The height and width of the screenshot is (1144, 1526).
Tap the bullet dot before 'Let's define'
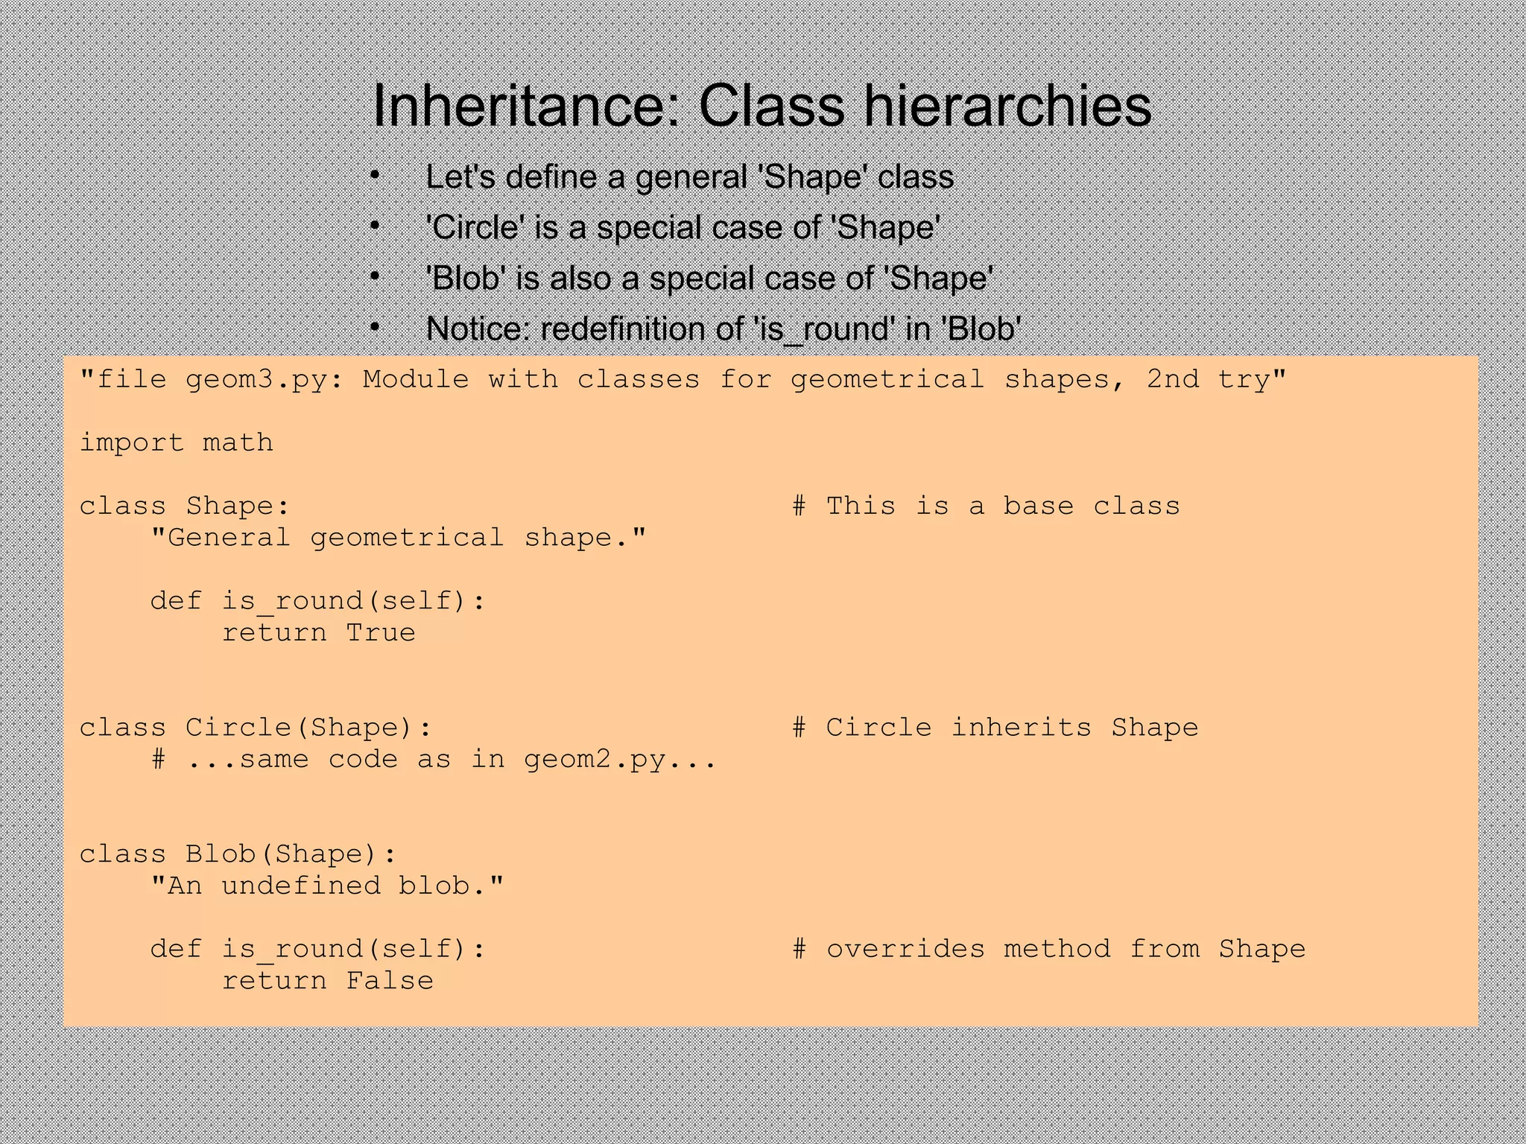click(x=375, y=177)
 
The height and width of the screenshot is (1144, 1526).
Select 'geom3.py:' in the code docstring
click(x=265, y=380)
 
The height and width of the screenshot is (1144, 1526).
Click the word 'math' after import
click(x=238, y=443)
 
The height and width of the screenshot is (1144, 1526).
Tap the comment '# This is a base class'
click(x=986, y=506)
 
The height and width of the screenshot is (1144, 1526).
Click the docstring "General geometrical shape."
click(x=398, y=538)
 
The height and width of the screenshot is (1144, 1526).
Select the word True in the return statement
click(x=381, y=633)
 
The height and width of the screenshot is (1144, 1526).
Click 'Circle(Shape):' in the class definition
click(x=308, y=728)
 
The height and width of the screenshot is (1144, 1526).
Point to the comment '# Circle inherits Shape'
click(x=995, y=728)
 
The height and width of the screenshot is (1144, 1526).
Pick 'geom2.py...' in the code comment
click(x=620, y=760)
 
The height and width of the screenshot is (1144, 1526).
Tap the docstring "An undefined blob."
click(x=326, y=886)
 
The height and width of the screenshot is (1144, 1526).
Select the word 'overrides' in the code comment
click(x=905, y=950)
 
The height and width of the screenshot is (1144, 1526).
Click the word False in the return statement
click(x=389, y=981)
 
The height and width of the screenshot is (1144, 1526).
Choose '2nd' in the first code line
click(x=1173, y=380)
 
